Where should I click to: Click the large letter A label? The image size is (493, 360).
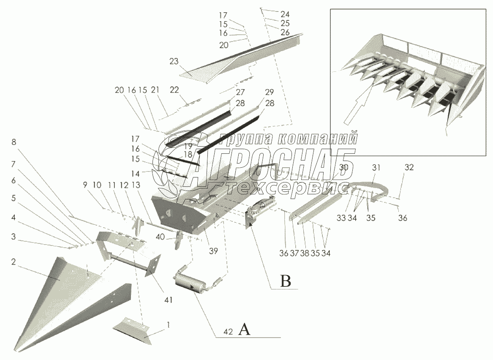click(245, 329)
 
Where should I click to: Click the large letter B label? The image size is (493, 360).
click(286, 281)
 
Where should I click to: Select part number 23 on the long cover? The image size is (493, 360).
click(174, 61)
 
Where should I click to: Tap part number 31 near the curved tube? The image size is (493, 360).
click(376, 167)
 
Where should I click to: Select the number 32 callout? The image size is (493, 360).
click(409, 167)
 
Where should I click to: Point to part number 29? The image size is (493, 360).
click(270, 92)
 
